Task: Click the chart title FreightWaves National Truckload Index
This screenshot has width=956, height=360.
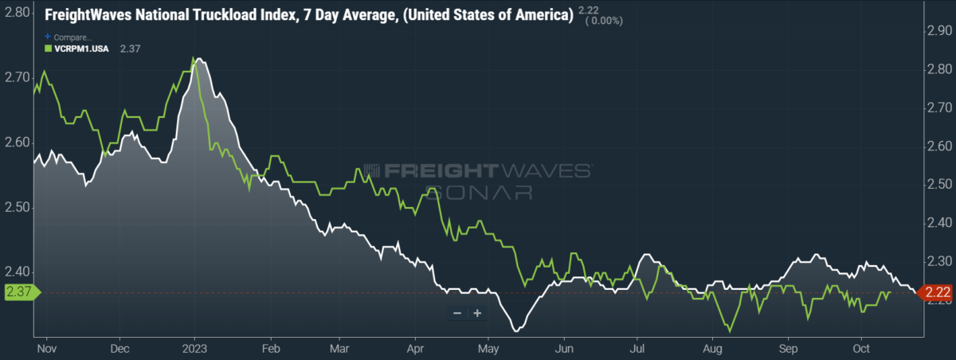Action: [170, 15]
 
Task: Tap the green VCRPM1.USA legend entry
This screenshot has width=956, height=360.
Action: [76, 49]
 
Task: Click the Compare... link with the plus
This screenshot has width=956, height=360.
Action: [69, 37]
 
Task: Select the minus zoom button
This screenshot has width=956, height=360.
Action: [457, 313]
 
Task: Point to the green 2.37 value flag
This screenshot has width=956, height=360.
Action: [22, 292]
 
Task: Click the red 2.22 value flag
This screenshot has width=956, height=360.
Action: [936, 292]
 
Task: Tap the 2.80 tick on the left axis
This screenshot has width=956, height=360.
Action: [17, 13]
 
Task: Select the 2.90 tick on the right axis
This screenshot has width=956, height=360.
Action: [939, 31]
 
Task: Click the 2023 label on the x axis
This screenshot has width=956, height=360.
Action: [194, 349]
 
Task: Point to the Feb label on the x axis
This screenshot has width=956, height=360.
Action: [271, 349]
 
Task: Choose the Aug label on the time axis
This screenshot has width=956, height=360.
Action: [712, 349]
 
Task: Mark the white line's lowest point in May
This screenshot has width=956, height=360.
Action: [517, 331]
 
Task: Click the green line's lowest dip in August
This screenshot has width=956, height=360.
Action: [730, 331]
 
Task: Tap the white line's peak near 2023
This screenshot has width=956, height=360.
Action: [198, 59]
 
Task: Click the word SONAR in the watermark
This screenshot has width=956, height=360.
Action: [479, 193]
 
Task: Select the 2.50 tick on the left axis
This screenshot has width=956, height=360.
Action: [17, 207]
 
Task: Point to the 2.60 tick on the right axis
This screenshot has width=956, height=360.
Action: [939, 147]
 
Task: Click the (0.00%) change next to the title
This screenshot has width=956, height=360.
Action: [604, 21]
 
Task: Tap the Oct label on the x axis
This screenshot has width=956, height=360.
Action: [861, 349]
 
